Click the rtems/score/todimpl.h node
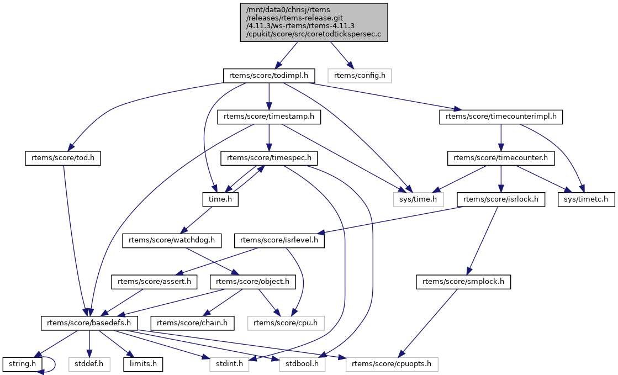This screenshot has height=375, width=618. tap(268, 75)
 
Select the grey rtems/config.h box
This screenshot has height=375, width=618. tap(359, 75)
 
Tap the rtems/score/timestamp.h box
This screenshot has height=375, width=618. tap(268, 117)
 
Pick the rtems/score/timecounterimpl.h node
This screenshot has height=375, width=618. tap(500, 117)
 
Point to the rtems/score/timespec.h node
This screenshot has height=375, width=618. tap(268, 158)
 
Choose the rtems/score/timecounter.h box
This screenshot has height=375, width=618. tap(500, 158)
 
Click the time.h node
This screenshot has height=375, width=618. tap(219, 199)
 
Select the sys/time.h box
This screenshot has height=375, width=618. tap(418, 199)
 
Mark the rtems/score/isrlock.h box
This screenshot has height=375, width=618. tap(500, 199)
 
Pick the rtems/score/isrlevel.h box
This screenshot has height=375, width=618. tap(279, 240)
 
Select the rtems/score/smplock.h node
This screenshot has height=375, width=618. tap(463, 282)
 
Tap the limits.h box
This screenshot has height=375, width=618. tap(143, 364)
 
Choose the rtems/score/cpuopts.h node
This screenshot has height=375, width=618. tap(392, 364)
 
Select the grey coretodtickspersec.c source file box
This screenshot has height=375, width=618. tap(314, 22)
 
